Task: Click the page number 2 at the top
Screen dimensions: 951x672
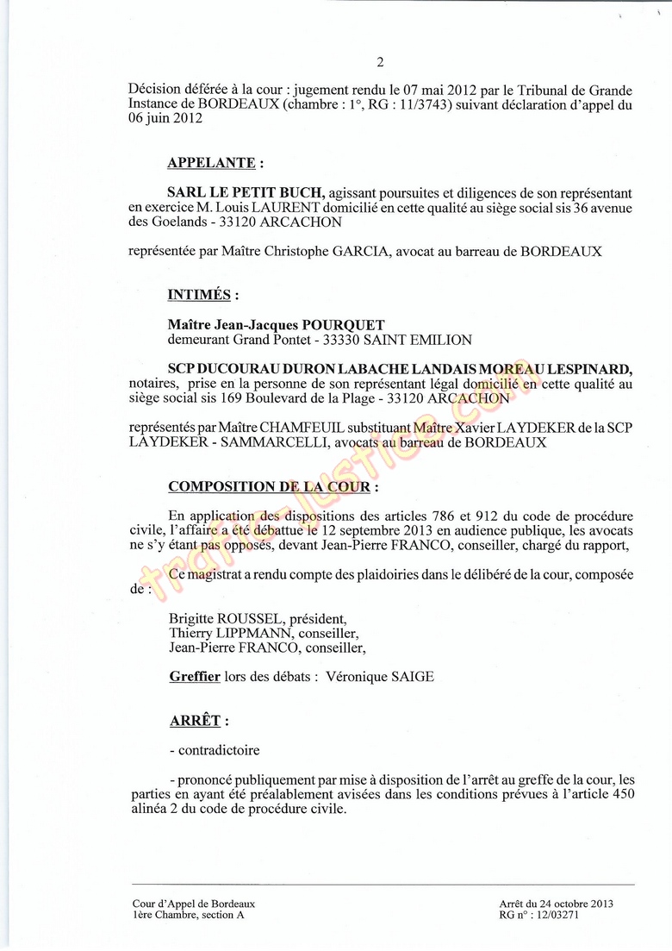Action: point(380,61)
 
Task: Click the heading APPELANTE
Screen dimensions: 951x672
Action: point(211,163)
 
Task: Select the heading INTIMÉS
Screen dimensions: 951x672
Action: point(199,295)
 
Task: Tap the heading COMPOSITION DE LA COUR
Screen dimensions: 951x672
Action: point(269,487)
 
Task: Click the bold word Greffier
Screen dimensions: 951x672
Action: point(195,677)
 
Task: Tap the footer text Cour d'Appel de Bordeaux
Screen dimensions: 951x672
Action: point(188,903)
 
